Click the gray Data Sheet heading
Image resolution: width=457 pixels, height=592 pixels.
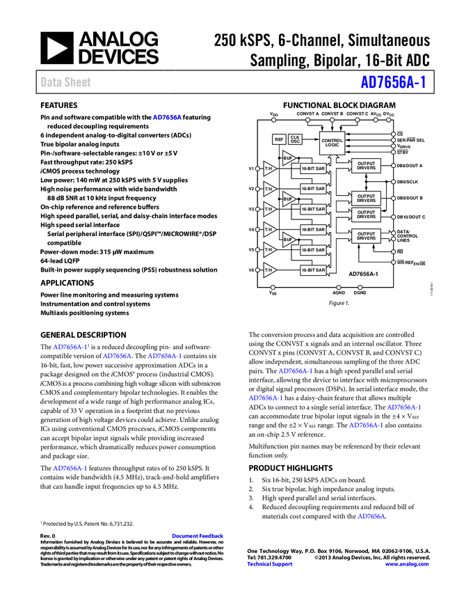66,82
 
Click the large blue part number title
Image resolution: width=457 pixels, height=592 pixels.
392,82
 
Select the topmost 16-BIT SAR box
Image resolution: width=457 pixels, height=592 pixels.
313,169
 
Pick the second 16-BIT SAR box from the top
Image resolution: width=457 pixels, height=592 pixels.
313,189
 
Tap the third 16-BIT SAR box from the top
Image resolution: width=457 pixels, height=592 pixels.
313,209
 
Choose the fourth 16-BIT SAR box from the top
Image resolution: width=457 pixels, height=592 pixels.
313,229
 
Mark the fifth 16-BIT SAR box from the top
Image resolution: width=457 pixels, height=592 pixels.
313,249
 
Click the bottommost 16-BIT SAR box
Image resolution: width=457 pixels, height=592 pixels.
313,270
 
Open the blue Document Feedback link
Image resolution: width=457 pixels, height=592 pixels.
198,536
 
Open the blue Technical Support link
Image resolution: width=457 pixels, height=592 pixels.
270,564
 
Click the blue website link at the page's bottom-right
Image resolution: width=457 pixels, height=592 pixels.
407,564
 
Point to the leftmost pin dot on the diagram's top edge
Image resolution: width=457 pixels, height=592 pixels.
273,120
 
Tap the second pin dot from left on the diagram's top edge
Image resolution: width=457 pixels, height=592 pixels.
307,120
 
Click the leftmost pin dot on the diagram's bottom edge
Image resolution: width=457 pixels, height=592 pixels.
273,287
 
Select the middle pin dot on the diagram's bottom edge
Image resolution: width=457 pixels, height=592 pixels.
339,287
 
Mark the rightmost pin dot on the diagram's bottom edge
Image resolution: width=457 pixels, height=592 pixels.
360,287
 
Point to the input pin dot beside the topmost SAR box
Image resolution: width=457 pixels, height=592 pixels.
257,169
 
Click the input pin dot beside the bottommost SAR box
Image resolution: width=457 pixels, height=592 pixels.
257,270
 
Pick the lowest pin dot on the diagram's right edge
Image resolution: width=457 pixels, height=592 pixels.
393,263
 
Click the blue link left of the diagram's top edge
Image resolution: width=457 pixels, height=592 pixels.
167,117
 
